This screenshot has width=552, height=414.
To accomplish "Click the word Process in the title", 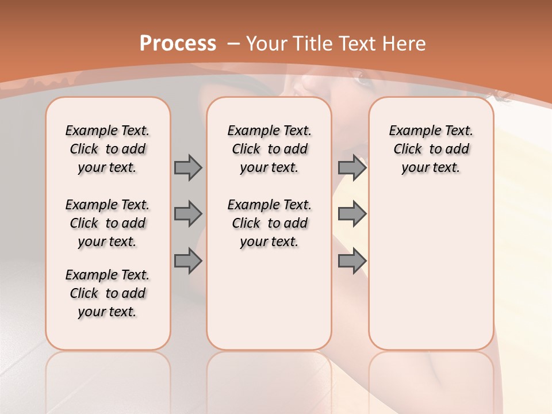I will (x=178, y=43).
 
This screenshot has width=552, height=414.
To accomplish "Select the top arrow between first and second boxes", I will (x=188, y=167).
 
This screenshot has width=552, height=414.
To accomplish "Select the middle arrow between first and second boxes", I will (x=188, y=214).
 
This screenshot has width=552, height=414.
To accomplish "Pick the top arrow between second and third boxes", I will (x=352, y=167).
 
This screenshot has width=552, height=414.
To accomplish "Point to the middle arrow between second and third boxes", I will (x=352, y=214).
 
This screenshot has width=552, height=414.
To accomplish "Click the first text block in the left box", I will (x=108, y=149).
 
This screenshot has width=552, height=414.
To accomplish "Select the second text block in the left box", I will (x=108, y=223).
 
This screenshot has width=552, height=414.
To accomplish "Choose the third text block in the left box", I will (x=108, y=293).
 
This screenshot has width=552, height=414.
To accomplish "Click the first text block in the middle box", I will (x=270, y=149).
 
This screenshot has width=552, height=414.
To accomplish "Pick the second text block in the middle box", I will (x=270, y=223).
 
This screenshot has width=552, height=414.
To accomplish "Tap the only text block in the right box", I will (x=431, y=149).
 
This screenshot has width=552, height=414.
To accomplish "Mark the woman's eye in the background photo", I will (x=363, y=80).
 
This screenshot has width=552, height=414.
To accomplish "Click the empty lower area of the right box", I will (x=431, y=276).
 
